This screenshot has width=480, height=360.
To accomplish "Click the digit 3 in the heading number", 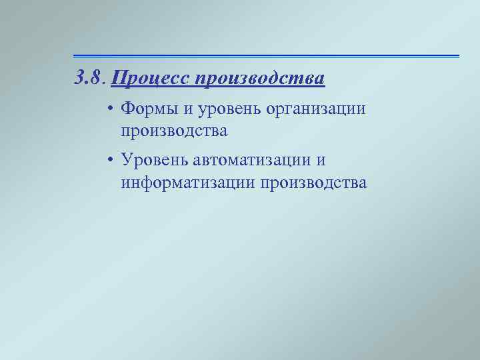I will pos(79,79).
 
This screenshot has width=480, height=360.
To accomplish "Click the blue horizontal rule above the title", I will pos(266,56).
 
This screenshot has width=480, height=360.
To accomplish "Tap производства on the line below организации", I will pos(175,131).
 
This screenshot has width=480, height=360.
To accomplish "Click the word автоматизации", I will pos(254,161).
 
